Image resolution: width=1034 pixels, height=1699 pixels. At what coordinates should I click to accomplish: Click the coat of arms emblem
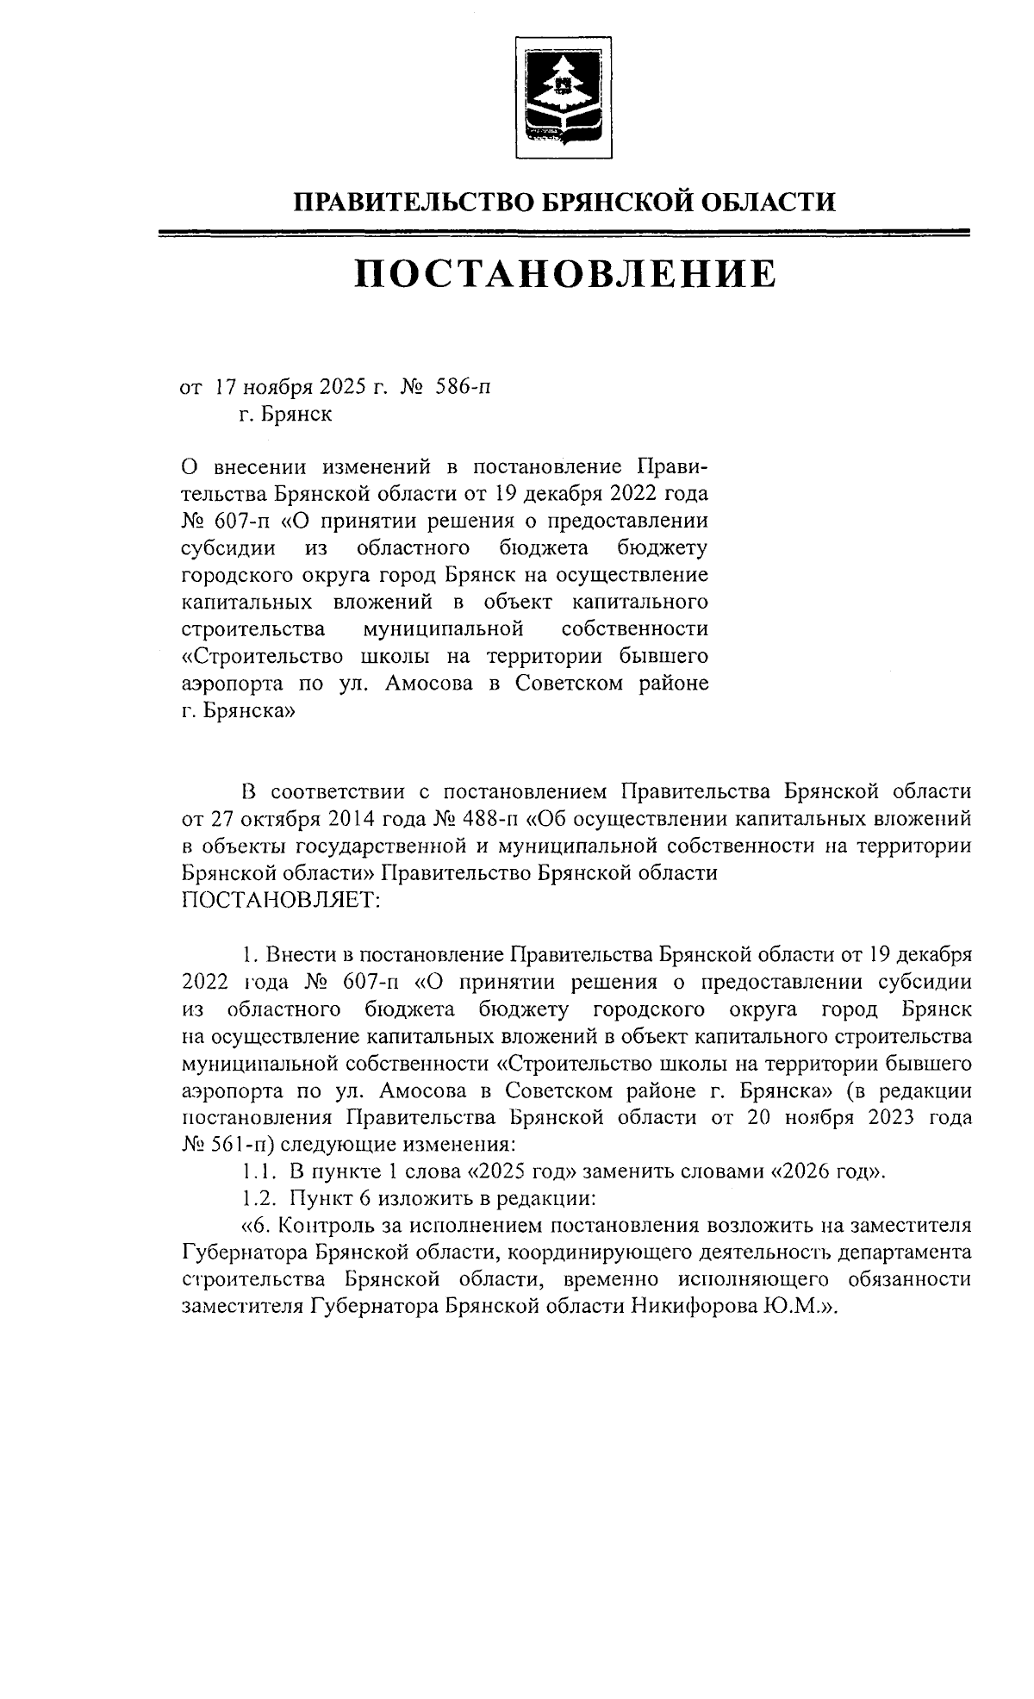click(x=564, y=97)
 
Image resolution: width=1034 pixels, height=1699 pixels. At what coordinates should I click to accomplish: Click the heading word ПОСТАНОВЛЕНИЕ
click(x=564, y=273)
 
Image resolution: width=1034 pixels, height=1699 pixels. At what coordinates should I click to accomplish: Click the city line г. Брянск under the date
click(x=285, y=415)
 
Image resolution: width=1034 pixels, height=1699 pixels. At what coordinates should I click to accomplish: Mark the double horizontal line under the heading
click(x=564, y=232)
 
